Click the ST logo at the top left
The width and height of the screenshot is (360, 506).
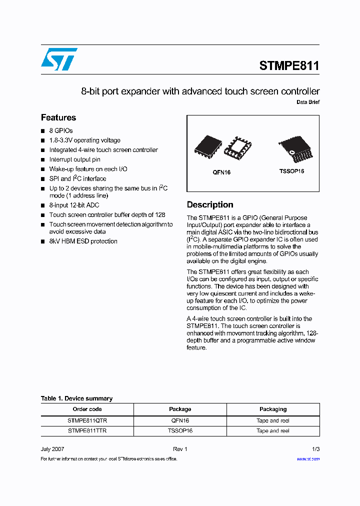59,59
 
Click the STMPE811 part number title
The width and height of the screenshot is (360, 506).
289,66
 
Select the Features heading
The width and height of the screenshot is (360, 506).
58,117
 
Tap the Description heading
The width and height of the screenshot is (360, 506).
210,204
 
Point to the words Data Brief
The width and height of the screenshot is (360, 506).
308,102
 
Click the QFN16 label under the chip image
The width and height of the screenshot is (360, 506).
221,172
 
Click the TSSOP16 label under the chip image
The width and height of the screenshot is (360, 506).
291,171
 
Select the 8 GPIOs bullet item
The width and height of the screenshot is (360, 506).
61,130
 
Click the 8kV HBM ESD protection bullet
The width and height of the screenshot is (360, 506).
83,241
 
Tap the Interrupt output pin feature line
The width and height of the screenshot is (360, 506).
74,159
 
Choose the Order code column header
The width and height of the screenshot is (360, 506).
87,409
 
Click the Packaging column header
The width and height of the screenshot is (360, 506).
273,409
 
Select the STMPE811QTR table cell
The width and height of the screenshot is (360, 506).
87,420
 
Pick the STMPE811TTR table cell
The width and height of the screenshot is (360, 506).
87,430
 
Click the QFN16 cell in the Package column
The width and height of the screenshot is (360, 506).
180,420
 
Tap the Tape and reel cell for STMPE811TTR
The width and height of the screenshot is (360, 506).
273,430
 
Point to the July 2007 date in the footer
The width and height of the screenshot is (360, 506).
52,449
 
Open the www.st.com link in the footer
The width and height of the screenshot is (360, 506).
308,458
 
